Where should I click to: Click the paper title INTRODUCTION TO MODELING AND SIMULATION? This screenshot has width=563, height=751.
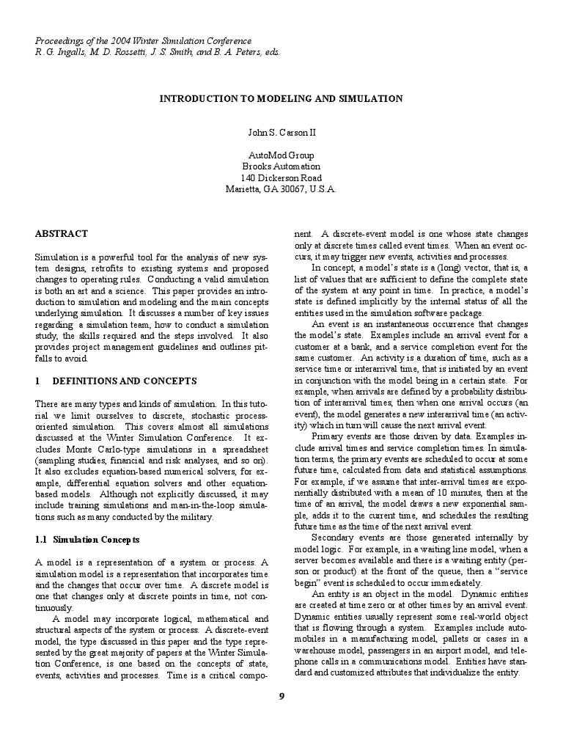click(281, 98)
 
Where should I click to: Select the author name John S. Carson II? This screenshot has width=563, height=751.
click(281, 133)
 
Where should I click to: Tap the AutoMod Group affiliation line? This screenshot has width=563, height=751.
click(281, 155)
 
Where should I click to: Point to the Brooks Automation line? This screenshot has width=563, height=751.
click(281, 166)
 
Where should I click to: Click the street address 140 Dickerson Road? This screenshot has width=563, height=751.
click(281, 177)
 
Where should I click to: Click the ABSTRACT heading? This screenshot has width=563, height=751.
click(61, 233)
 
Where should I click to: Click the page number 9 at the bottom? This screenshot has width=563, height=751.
click(281, 695)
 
